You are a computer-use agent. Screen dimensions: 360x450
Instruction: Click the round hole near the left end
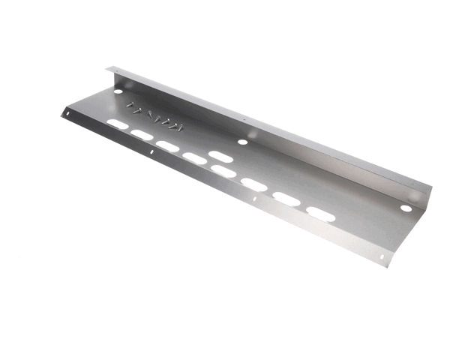[118, 91]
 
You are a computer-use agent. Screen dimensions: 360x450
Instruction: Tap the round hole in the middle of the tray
[242, 141]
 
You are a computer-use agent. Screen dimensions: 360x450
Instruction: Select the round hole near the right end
[405, 208]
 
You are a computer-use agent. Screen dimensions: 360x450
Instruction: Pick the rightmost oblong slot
[320, 214]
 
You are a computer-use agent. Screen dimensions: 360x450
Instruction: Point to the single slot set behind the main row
[220, 156]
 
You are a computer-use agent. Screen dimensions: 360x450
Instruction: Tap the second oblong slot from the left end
[141, 135]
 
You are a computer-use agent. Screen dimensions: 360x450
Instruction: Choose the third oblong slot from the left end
[167, 146]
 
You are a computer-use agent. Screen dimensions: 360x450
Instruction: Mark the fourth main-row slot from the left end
[195, 158]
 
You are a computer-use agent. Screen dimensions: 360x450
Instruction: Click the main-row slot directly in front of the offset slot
[223, 171]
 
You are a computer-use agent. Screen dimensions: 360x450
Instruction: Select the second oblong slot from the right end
[286, 199]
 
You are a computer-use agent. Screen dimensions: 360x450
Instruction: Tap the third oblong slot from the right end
[253, 184]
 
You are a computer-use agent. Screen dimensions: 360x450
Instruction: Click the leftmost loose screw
[132, 105]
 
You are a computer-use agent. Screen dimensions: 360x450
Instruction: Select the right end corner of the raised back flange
[432, 184]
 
